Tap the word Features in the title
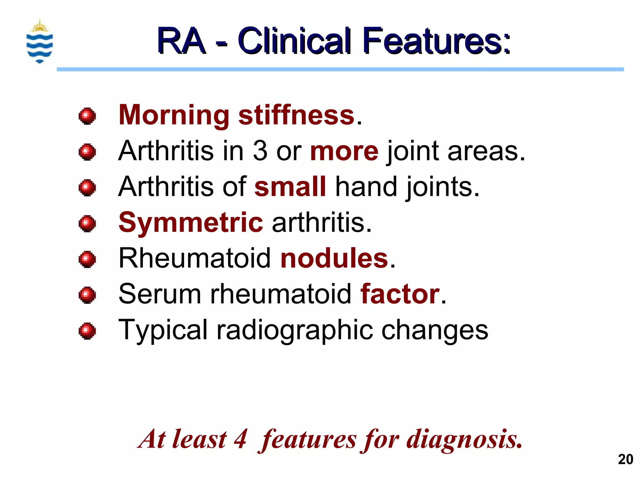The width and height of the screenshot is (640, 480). click(x=436, y=41)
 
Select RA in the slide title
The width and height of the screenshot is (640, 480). click(x=181, y=41)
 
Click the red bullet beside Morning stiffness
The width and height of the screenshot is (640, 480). click(x=87, y=116)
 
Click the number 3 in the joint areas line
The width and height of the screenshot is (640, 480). click(x=260, y=151)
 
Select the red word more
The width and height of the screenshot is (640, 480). click(x=344, y=151)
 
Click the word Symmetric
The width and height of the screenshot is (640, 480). click(x=191, y=222)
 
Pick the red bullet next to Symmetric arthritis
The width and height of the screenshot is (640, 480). click(x=87, y=223)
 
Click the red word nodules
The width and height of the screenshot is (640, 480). click(x=334, y=258)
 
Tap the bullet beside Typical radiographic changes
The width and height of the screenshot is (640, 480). click(x=87, y=331)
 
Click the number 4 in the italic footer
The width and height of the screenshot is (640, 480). click(x=240, y=439)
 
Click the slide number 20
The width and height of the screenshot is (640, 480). click(x=625, y=459)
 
